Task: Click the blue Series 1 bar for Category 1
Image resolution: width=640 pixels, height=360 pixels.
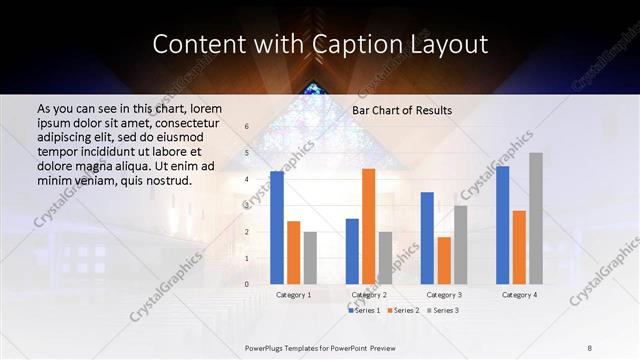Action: point(277,228)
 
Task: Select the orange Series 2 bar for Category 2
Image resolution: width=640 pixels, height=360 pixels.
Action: point(368,227)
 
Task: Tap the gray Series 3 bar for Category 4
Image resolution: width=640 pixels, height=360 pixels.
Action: point(536,219)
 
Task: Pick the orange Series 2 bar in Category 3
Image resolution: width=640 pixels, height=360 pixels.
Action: point(444,261)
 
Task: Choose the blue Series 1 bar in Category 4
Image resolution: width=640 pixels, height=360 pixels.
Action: point(503,226)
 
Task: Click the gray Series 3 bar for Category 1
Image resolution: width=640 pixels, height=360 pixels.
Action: point(310,258)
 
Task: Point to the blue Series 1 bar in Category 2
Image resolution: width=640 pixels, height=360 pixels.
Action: point(352,252)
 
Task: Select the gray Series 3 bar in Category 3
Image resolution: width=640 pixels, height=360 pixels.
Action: point(460,245)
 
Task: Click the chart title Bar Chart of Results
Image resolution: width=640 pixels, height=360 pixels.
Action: point(402,110)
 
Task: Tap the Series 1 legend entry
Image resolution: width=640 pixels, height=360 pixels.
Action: point(365,311)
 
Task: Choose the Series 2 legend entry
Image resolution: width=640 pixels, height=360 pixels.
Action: point(403,311)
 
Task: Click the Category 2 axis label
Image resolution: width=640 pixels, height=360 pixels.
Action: point(368,295)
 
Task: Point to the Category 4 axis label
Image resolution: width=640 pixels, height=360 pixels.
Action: point(519,295)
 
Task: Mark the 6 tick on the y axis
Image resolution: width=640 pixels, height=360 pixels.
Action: point(246,127)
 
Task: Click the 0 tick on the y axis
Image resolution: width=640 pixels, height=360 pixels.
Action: point(246,284)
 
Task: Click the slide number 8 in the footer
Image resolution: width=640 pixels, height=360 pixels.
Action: point(589,346)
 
